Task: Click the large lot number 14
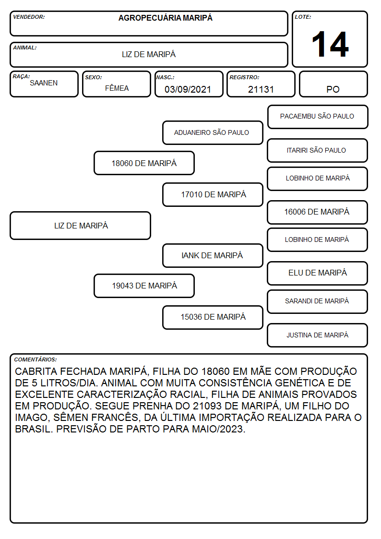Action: (330, 44)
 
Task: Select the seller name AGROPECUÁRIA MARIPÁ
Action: (165, 18)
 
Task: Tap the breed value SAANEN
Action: (44, 83)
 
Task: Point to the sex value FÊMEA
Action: (117, 88)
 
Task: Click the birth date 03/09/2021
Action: (188, 89)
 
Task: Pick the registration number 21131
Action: (261, 89)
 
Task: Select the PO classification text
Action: (333, 89)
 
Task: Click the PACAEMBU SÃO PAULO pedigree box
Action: (318, 117)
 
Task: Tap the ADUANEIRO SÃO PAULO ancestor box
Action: (213, 132)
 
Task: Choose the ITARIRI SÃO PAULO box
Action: (318, 150)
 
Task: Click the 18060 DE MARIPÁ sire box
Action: (144, 163)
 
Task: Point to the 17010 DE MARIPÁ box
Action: (213, 194)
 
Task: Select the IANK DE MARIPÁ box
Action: (213, 255)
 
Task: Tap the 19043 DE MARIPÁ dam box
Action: (144, 286)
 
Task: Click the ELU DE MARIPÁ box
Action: (318, 273)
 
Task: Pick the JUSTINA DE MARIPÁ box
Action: (318, 335)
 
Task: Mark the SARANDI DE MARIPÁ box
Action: (318, 301)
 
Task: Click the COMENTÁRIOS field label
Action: (36, 359)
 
